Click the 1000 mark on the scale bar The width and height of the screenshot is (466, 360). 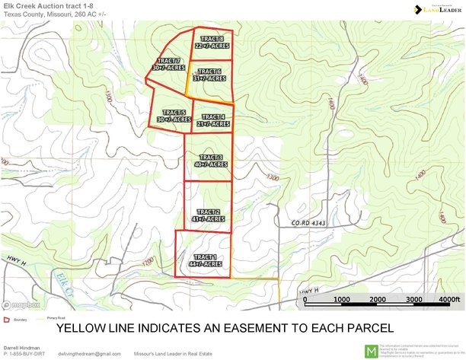coord(341,300)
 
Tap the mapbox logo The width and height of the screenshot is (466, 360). coord(23,305)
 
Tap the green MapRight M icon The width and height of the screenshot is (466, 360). coord(371,351)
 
